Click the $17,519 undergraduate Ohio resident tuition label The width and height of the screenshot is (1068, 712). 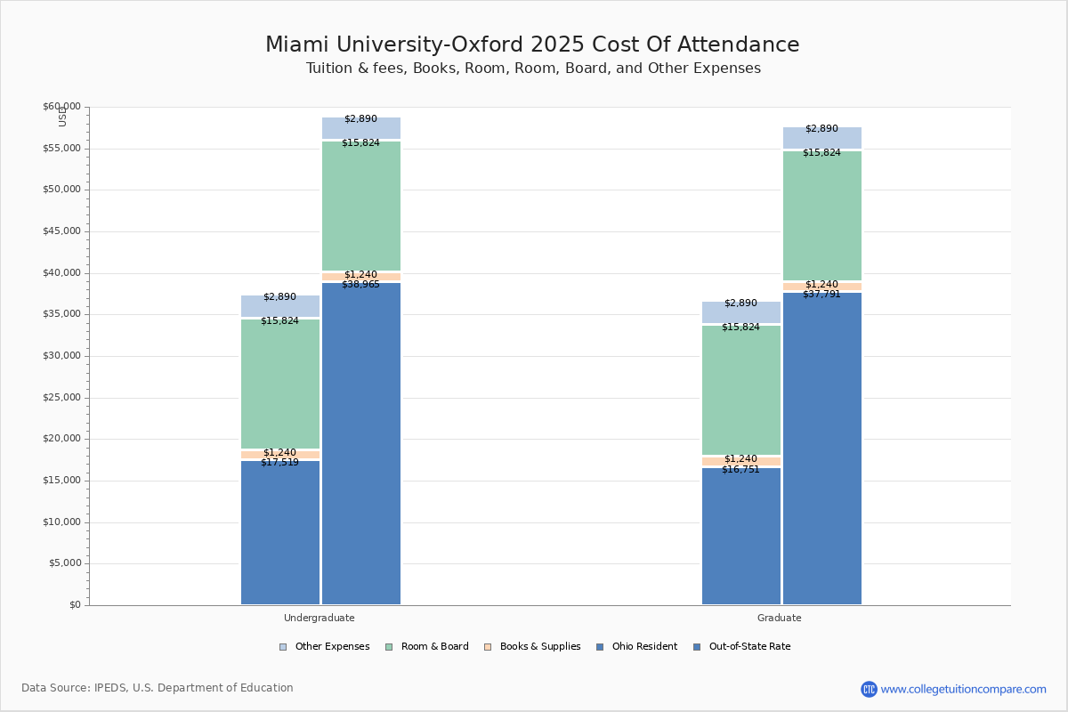[279, 463]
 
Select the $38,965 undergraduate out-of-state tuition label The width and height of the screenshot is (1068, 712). [360, 285]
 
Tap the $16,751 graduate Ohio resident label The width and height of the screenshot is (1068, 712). [740, 470]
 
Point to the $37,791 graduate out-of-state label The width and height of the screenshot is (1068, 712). [821, 295]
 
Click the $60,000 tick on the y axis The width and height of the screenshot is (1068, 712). [61, 107]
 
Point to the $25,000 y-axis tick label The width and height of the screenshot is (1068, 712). [61, 398]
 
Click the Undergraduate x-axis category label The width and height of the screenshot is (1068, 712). [320, 618]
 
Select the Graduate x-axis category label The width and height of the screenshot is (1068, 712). [780, 618]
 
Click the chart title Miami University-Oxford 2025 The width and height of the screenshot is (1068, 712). [532, 45]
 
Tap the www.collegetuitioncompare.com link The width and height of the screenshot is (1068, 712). [963, 689]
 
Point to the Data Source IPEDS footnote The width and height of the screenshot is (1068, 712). [158, 688]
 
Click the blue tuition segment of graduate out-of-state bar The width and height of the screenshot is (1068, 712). [822, 445]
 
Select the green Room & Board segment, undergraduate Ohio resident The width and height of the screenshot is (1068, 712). [280, 383]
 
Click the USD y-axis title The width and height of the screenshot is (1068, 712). [62, 116]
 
